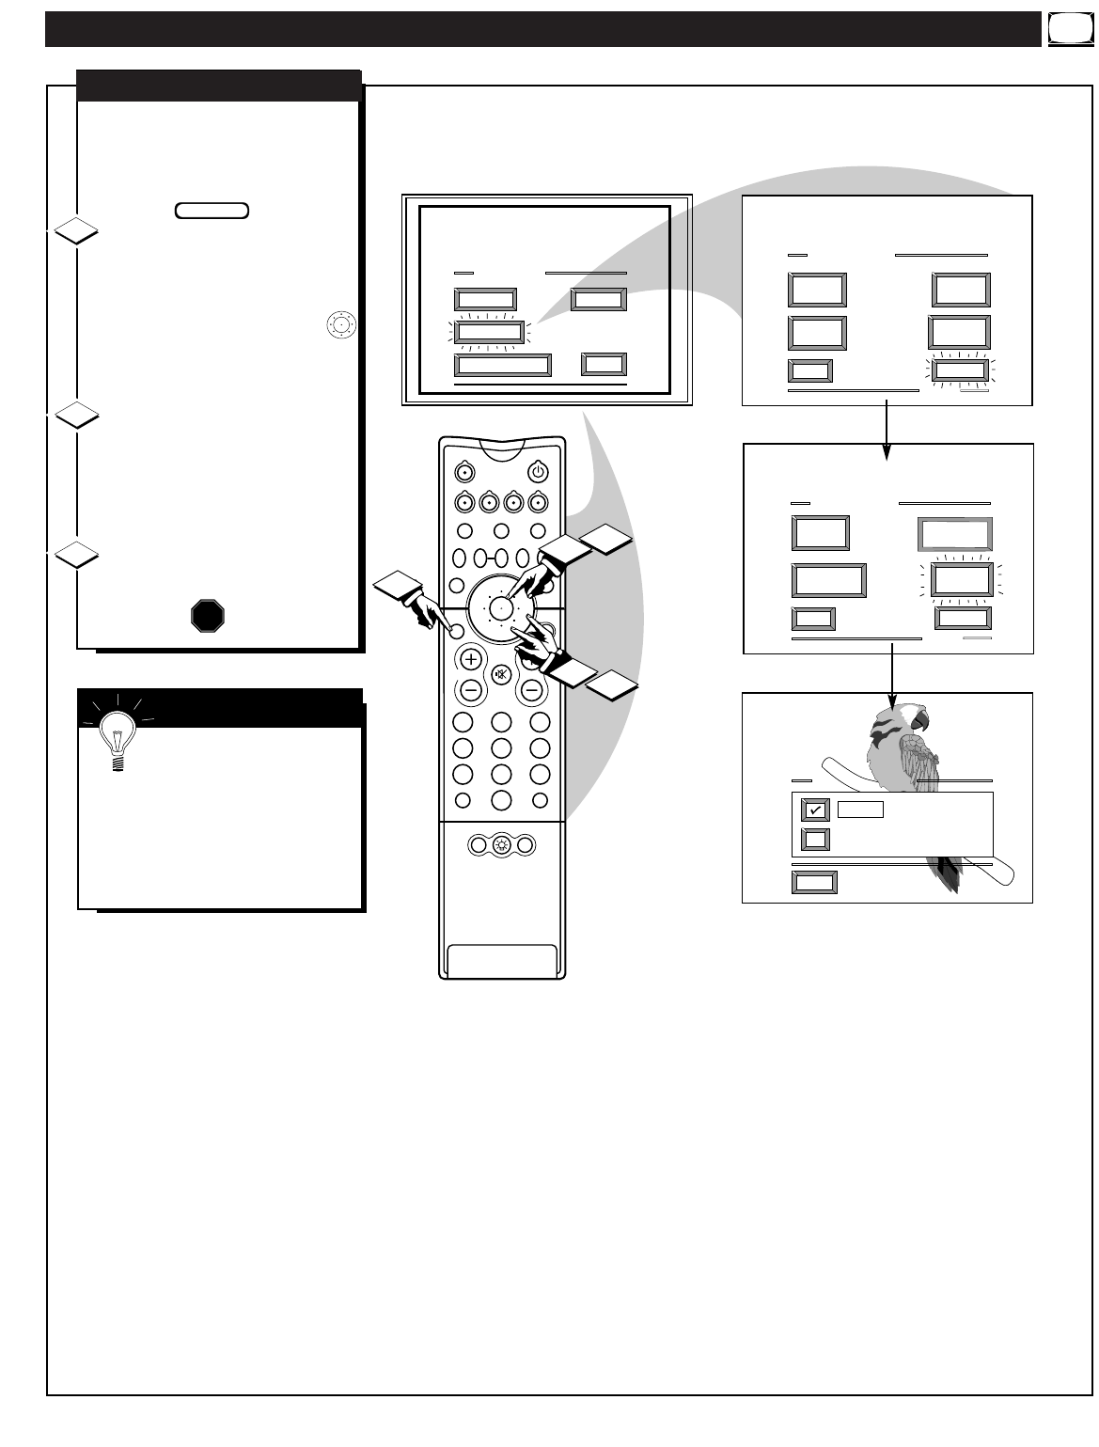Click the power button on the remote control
coord(538,471)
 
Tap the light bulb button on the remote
coord(502,844)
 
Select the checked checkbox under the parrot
coord(815,810)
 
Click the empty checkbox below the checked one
coord(815,839)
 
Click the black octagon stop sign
coord(209,616)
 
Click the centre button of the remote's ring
coord(502,608)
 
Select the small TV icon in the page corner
coord(1063,30)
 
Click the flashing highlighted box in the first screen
coord(489,331)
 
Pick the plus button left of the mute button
coord(471,659)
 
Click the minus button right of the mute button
coord(532,689)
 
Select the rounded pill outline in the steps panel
coord(212,211)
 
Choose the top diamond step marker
coord(75,230)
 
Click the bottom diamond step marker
coord(75,554)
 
